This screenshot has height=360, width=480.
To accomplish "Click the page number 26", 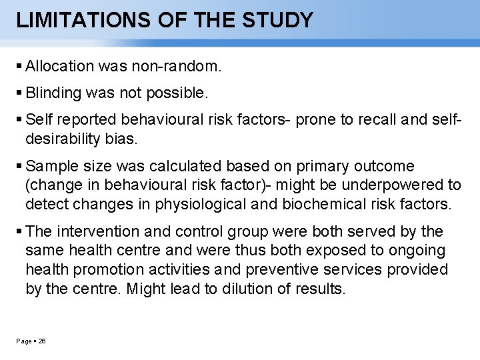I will pos(42,341).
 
